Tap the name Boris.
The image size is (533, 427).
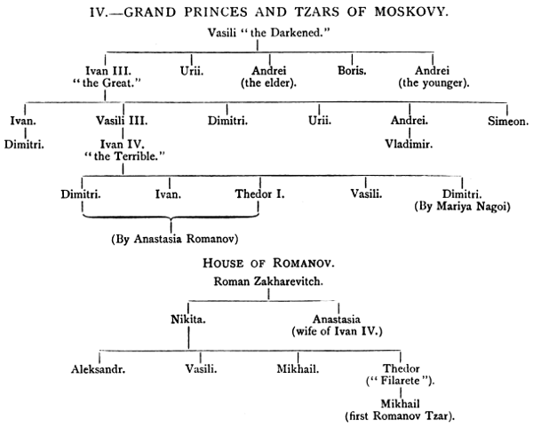(x=352, y=67)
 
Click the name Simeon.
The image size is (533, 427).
(x=505, y=120)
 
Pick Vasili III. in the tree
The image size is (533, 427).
(x=115, y=120)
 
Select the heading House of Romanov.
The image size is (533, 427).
(x=266, y=265)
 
